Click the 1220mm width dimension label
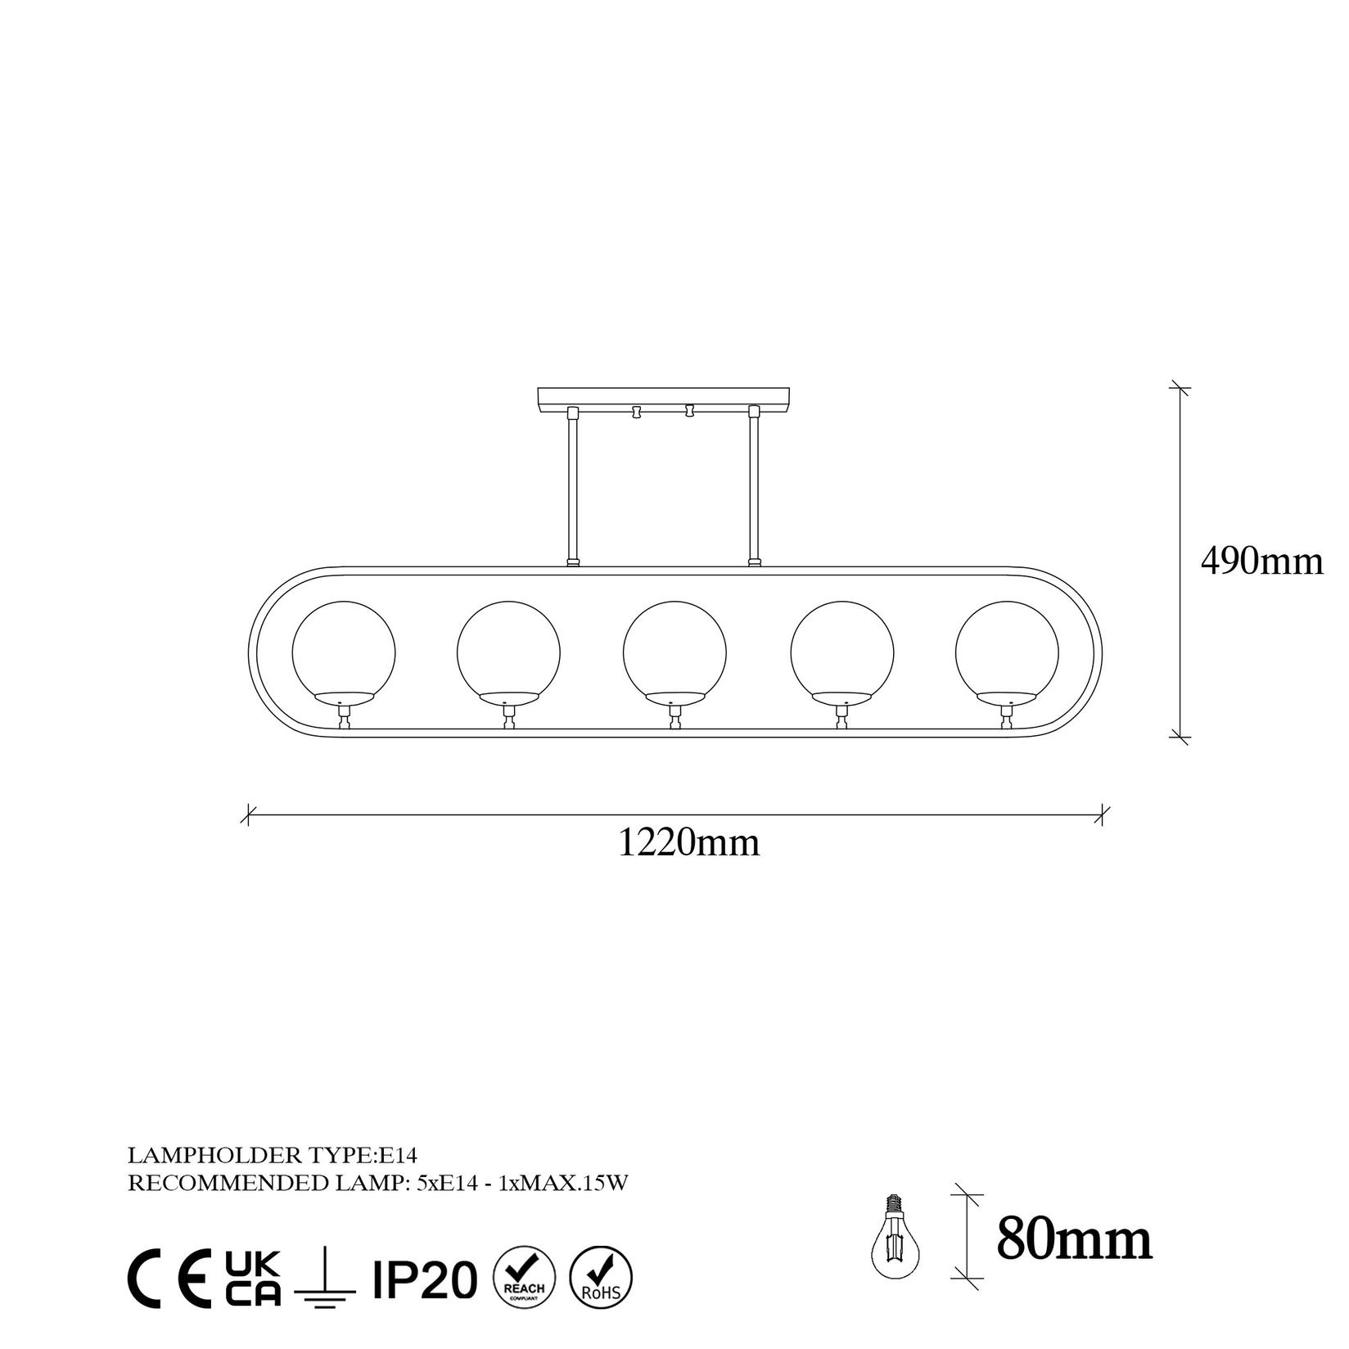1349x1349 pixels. click(x=688, y=843)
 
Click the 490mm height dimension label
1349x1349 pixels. click(x=1261, y=562)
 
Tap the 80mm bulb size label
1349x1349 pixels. click(x=1074, y=1240)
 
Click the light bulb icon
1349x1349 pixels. click(x=894, y=1241)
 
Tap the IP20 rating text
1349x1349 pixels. click(x=424, y=1279)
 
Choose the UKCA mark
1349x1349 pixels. click(x=253, y=1277)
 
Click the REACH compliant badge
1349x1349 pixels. click(x=525, y=1277)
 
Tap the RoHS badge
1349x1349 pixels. click(x=601, y=1277)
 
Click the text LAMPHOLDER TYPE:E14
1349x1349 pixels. click(x=273, y=1156)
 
